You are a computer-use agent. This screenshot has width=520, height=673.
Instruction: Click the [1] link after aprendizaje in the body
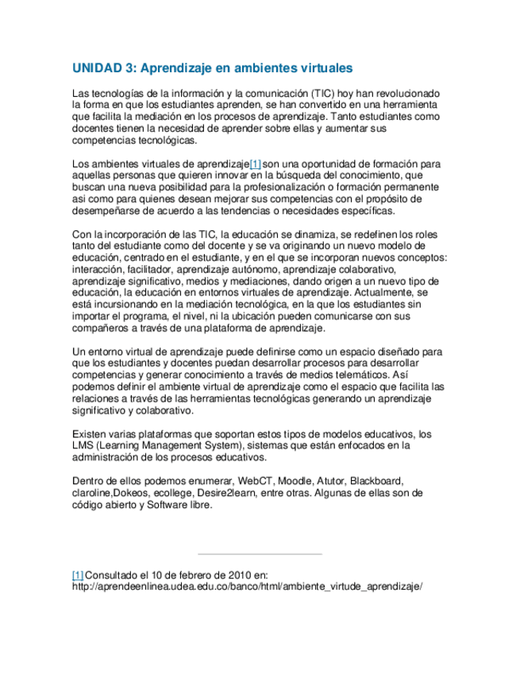(255, 164)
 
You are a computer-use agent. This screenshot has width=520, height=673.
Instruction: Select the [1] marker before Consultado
(78, 575)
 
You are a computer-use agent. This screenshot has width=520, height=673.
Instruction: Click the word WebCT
(255, 481)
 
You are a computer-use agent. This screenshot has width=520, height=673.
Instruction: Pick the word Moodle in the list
(295, 481)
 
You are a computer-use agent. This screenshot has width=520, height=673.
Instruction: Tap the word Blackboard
(377, 481)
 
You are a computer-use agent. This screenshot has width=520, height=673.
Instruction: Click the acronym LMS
(83, 446)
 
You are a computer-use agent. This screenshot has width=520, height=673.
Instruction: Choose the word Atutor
(332, 481)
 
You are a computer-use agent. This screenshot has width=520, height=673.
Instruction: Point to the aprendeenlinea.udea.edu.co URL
(246, 586)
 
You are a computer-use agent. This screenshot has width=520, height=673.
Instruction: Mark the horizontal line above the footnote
(260, 554)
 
